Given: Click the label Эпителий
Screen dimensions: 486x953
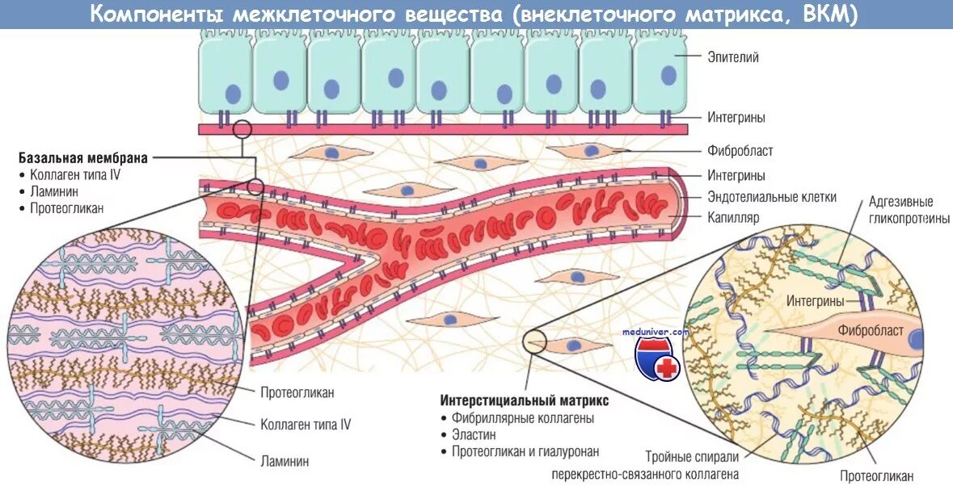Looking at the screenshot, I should click(x=733, y=57).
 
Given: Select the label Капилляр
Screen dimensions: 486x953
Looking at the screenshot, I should click(x=733, y=218).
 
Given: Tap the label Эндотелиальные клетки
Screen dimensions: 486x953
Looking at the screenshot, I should click(x=772, y=197).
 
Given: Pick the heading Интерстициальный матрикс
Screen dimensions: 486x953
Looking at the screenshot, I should click(x=524, y=400).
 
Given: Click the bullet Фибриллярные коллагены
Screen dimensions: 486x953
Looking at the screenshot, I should click(x=523, y=418).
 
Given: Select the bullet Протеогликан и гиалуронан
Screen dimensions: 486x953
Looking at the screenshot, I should click(x=525, y=452).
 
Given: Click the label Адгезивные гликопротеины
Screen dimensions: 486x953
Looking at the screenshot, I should click(x=908, y=210).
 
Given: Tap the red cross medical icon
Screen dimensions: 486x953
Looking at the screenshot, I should click(x=667, y=367).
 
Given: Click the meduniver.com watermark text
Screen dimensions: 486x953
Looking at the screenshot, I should click(x=656, y=331).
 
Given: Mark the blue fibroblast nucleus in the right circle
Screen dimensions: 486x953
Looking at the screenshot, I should click(x=916, y=340).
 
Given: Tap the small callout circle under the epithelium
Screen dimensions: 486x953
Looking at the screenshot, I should click(x=242, y=129).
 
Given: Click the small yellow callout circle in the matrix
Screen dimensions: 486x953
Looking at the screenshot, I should click(x=533, y=342).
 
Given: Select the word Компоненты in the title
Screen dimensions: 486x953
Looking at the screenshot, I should click(x=149, y=15).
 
